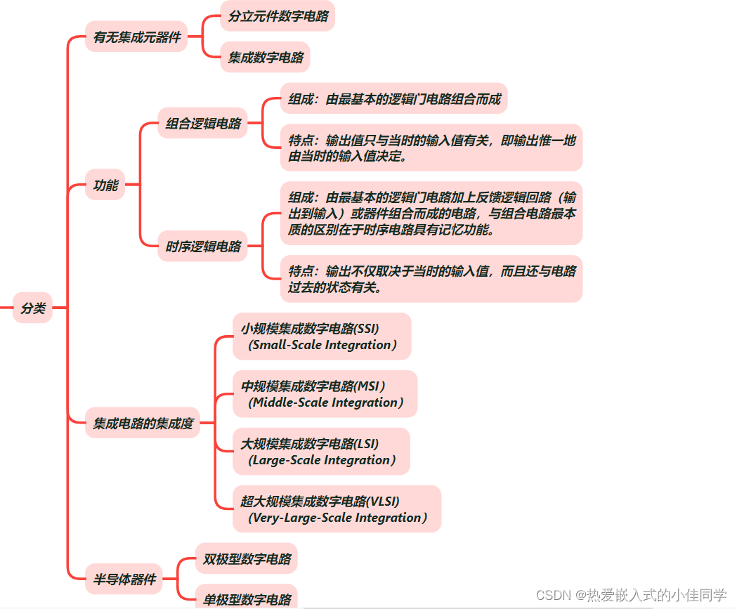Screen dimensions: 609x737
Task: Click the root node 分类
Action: (x=33, y=308)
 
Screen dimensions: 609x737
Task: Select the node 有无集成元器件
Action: (x=137, y=37)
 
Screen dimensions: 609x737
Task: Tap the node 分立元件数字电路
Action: (x=278, y=16)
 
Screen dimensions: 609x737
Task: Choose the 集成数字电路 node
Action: (x=266, y=58)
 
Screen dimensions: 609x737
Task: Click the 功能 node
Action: (x=105, y=186)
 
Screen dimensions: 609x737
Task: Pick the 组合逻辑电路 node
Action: (x=203, y=124)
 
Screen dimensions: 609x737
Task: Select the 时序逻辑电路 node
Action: (x=203, y=247)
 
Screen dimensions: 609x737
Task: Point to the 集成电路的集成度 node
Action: (x=143, y=424)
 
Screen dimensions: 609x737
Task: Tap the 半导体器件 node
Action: (x=124, y=580)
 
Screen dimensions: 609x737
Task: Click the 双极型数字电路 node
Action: (x=247, y=559)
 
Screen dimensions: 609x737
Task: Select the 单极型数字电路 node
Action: (x=247, y=599)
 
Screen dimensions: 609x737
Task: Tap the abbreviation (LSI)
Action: (x=367, y=444)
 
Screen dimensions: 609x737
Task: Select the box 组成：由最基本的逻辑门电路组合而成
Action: (x=394, y=99)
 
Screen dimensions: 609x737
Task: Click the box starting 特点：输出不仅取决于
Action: (x=431, y=279)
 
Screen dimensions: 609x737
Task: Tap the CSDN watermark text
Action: (x=631, y=595)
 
